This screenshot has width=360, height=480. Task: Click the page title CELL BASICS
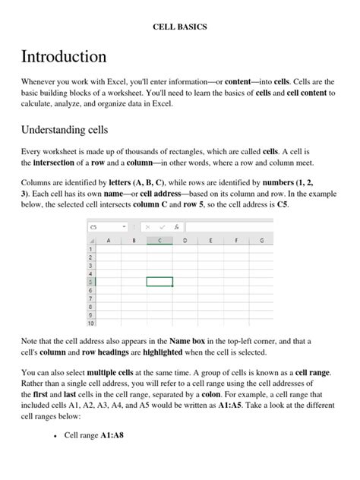(x=180, y=27)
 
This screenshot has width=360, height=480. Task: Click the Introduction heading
(x=64, y=57)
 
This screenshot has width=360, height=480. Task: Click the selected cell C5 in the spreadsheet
(x=159, y=282)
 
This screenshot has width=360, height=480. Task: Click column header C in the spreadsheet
(x=159, y=240)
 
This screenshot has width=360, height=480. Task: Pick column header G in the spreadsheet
(x=261, y=240)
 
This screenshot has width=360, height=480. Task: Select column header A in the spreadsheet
(x=109, y=240)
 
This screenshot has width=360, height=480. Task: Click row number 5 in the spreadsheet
(x=91, y=282)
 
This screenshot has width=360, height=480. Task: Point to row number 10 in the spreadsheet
(x=91, y=323)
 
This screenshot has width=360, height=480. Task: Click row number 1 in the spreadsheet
(x=91, y=249)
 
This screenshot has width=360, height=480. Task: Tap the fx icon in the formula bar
(x=176, y=227)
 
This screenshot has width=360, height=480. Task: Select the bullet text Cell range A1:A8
(x=94, y=456)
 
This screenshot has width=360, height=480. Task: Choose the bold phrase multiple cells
(x=111, y=374)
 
